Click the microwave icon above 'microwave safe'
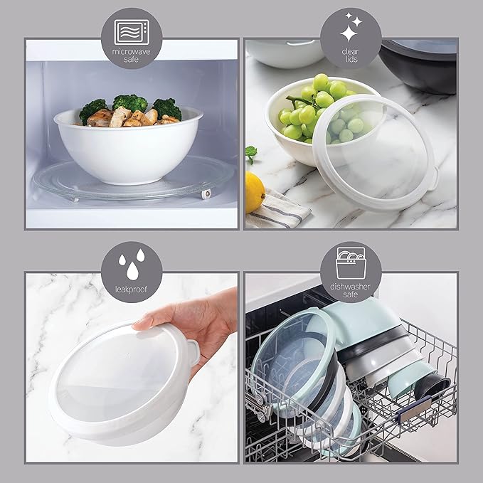[x=132, y=32]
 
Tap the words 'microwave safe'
[x=131, y=55]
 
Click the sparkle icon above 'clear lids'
[x=351, y=28]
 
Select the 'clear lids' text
[x=351, y=55]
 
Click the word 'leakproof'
[x=131, y=290]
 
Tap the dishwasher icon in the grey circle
[x=351, y=263]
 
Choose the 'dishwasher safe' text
[x=351, y=290]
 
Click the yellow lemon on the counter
[x=255, y=192]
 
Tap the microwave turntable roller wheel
[x=206, y=194]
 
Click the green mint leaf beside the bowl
[x=250, y=154]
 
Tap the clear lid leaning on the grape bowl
[x=375, y=152]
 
